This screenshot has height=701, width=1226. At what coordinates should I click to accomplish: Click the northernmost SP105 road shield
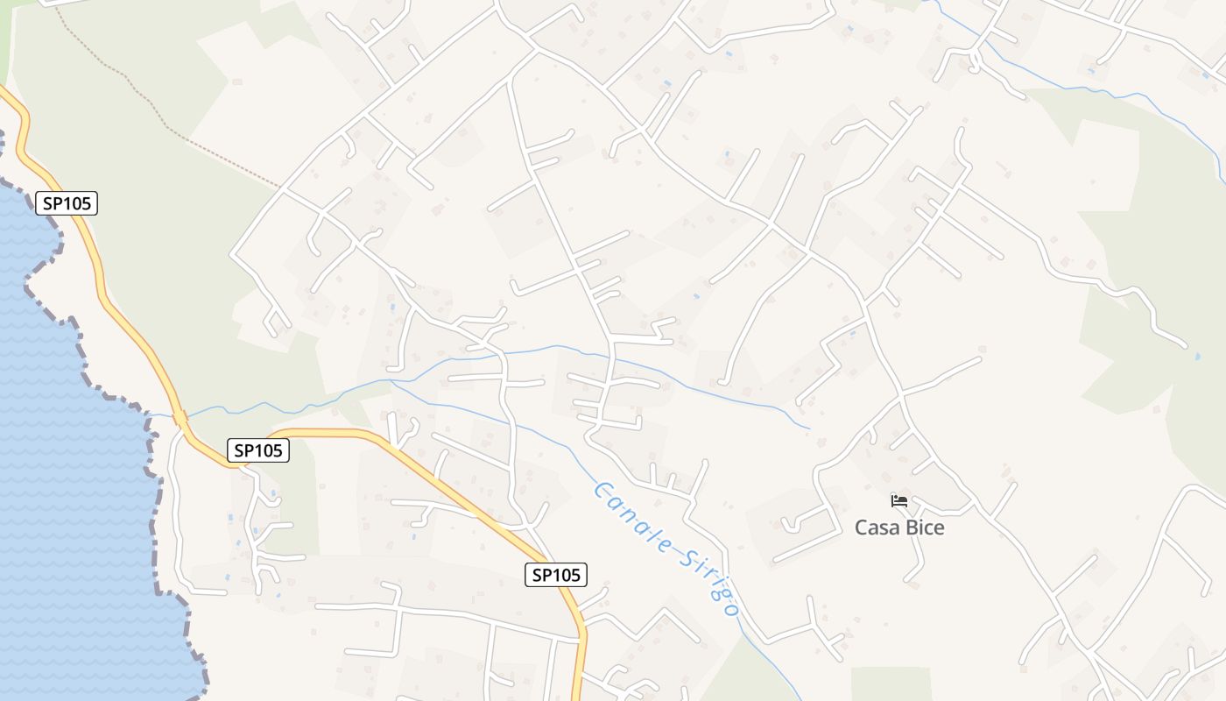pos(67,203)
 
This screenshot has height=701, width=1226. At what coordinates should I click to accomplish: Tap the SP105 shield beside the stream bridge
pos(258,450)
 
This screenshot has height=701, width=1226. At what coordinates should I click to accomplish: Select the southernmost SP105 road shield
pos(555,575)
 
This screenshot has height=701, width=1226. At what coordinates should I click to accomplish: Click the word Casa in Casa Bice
pos(876,528)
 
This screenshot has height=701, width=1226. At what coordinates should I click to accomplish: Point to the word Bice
pos(924,528)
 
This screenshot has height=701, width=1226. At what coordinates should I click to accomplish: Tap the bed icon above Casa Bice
pos(899,501)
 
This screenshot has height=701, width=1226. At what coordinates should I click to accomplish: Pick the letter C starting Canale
pos(601,490)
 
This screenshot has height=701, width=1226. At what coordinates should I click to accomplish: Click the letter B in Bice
pos(909,528)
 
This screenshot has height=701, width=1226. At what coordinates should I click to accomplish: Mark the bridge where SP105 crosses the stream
pos(180,418)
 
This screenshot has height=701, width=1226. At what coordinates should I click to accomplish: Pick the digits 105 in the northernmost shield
pos(76,203)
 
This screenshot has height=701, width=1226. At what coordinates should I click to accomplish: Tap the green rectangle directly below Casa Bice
pos(891,683)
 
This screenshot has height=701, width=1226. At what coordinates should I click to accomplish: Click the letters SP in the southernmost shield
pos(541,575)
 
